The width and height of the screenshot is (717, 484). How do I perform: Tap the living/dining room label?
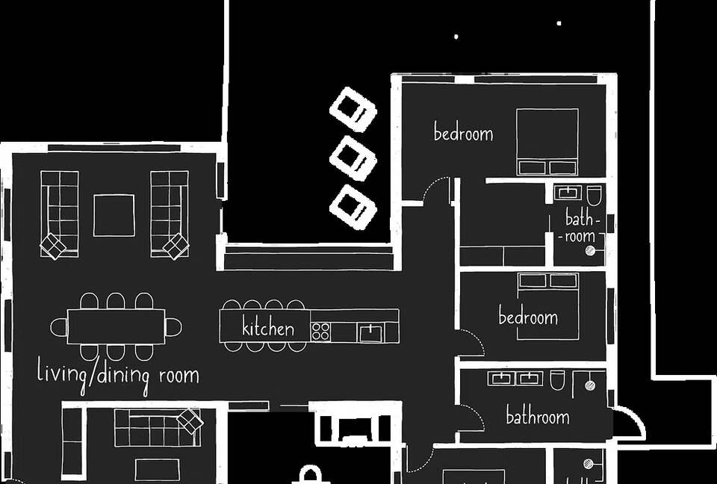[x=118, y=376]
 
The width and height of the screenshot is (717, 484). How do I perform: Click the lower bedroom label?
[x=528, y=316]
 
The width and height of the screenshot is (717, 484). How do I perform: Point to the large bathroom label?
[x=538, y=415]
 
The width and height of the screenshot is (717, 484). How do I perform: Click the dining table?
[x=117, y=326]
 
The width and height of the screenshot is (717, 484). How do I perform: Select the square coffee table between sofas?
[x=114, y=215]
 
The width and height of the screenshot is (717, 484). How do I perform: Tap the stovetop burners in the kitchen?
[x=320, y=332]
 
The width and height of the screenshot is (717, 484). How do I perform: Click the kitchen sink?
[x=370, y=333]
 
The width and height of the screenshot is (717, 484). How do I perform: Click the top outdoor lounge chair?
[x=353, y=109]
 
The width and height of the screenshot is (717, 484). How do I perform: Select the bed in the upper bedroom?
[x=547, y=142]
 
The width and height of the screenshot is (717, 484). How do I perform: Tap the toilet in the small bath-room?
[x=595, y=196]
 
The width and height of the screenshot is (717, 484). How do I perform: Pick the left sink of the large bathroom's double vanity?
[x=502, y=379]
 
